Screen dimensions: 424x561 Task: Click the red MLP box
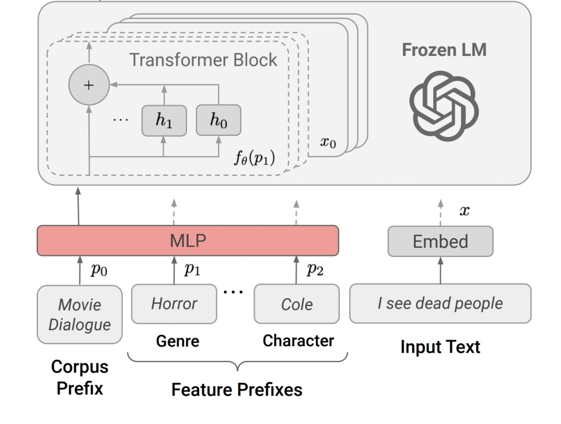pyautogui.click(x=188, y=240)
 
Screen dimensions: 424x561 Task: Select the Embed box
pyautogui.click(x=440, y=242)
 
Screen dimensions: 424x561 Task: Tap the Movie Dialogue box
pyautogui.click(x=80, y=314)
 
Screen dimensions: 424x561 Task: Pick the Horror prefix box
pyautogui.click(x=174, y=303)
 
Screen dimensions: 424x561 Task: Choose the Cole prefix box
pyautogui.click(x=297, y=304)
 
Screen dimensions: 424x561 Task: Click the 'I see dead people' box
pyautogui.click(x=440, y=303)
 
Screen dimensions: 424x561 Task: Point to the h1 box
pyautogui.click(x=163, y=121)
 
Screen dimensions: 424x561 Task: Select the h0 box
pyautogui.click(x=218, y=121)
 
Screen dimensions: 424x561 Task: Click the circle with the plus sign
pyautogui.click(x=88, y=85)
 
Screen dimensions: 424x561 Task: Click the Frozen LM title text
pyautogui.click(x=444, y=50)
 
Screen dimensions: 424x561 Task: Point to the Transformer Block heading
pyautogui.click(x=203, y=60)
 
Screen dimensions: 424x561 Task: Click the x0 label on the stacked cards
pyautogui.click(x=328, y=143)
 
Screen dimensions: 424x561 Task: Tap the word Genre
pyautogui.click(x=177, y=341)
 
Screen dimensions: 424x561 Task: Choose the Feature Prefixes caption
pyautogui.click(x=236, y=389)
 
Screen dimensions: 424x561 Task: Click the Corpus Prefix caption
pyautogui.click(x=80, y=377)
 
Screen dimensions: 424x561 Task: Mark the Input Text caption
pyautogui.click(x=440, y=347)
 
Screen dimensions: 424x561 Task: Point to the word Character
pyautogui.click(x=298, y=340)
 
